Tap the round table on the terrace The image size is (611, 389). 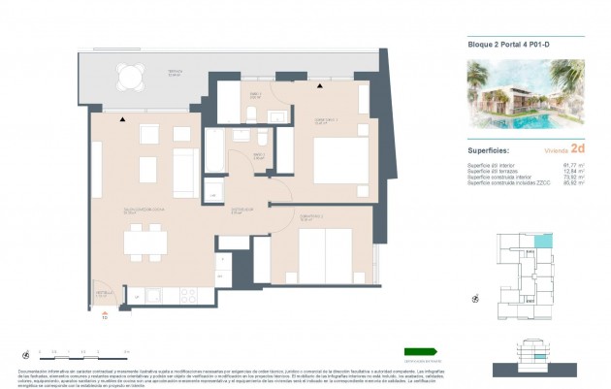[129, 75]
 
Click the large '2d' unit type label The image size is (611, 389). [578, 149]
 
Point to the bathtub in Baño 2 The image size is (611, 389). [212, 151]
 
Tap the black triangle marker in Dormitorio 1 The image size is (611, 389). [319, 86]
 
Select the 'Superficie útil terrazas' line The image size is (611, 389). [503, 172]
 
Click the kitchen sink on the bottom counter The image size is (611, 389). [139, 296]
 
